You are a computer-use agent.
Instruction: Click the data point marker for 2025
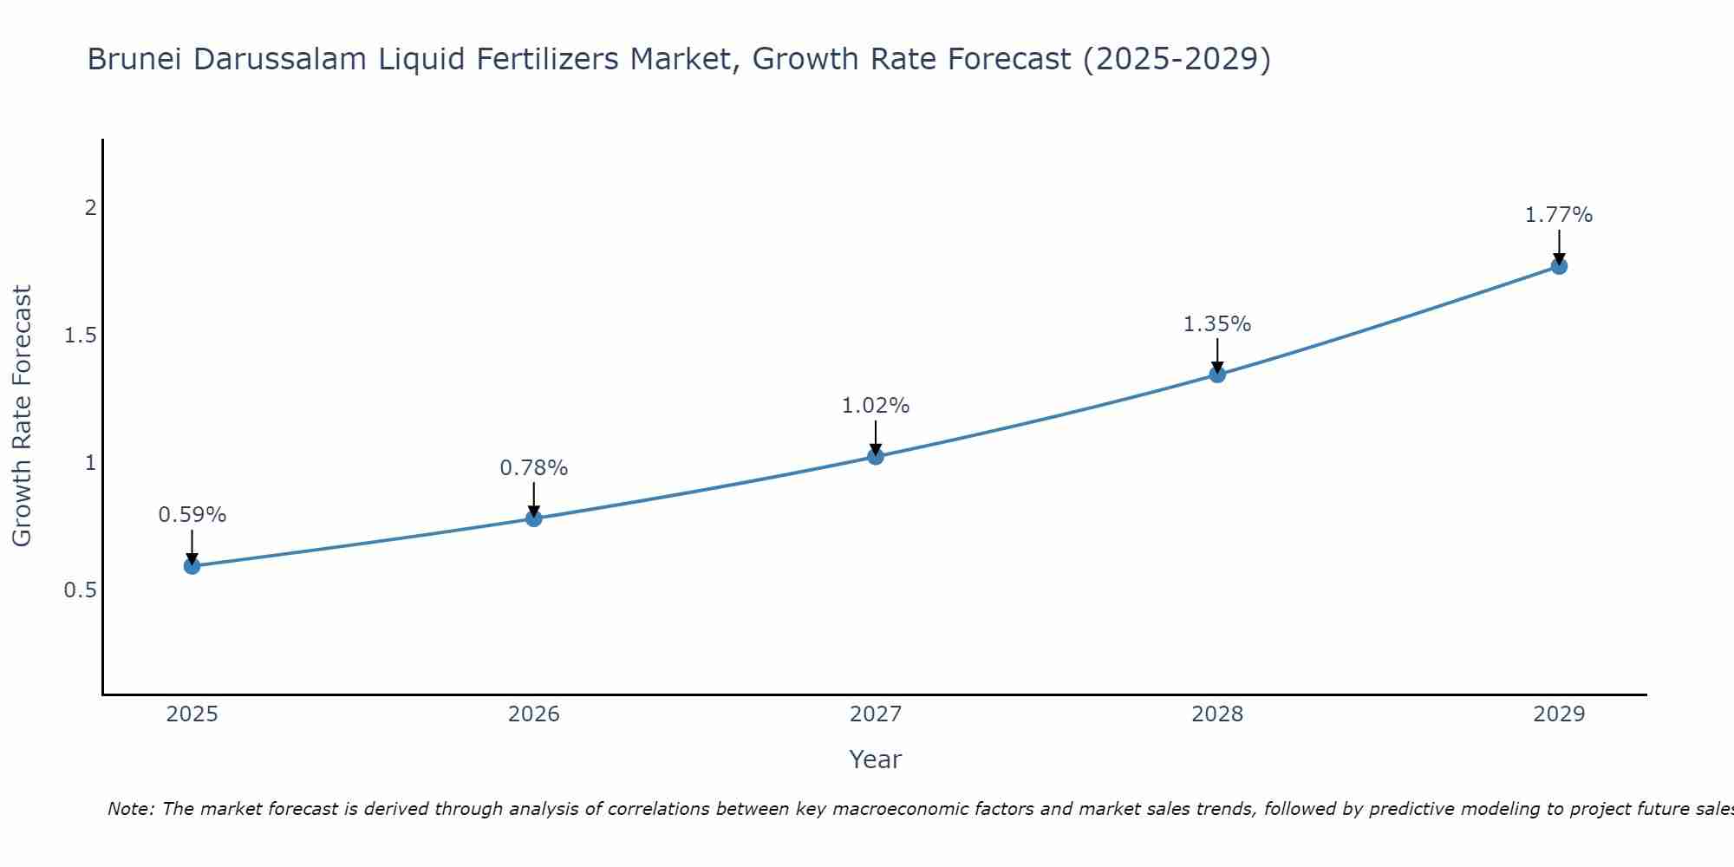point(192,566)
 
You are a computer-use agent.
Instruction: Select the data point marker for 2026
point(534,518)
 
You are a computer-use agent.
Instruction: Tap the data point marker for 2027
point(876,456)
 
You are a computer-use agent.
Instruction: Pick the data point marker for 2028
point(1217,375)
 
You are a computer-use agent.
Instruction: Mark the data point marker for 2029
point(1559,266)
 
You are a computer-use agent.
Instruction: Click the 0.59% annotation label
point(192,515)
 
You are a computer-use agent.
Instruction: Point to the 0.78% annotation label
point(534,468)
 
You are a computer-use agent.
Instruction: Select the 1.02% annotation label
point(876,406)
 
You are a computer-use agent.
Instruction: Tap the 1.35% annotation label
point(1217,324)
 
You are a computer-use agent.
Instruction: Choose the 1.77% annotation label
point(1559,215)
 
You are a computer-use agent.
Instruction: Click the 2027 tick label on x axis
point(876,714)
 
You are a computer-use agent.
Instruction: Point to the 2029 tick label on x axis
point(1559,714)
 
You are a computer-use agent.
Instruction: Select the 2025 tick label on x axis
point(192,714)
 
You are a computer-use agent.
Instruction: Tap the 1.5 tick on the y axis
point(80,336)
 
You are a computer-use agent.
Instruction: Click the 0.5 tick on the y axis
point(80,590)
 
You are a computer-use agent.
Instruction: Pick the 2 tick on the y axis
point(89,208)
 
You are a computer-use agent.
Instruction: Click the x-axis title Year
point(876,759)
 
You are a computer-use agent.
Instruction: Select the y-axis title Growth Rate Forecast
point(23,416)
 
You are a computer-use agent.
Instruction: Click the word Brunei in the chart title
point(135,60)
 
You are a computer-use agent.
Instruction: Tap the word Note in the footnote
point(130,809)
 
